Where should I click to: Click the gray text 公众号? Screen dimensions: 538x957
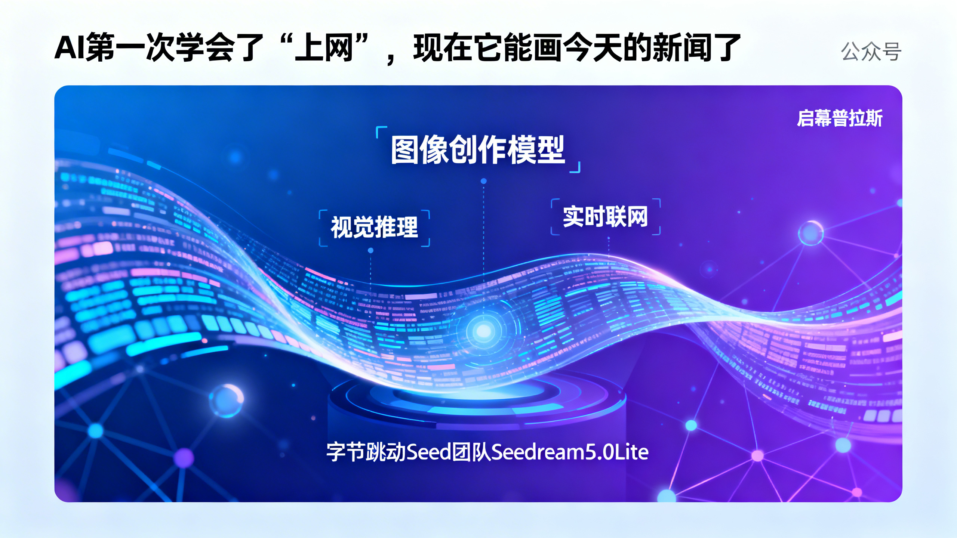871,52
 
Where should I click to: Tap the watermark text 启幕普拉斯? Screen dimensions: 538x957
839,118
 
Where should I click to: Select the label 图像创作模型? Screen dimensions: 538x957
477,149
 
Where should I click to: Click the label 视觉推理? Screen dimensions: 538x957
374,227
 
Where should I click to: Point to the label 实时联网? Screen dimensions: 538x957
605,216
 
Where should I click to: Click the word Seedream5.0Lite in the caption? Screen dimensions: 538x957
569,452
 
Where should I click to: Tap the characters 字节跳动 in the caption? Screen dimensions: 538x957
366,452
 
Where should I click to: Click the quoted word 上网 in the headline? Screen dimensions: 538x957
324,48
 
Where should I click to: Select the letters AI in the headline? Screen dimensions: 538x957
70,48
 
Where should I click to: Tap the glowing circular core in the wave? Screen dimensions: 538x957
483,331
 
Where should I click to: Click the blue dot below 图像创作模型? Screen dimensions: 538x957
483,181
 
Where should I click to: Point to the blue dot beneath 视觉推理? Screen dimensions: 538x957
370,251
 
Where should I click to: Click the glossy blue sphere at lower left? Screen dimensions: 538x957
227,400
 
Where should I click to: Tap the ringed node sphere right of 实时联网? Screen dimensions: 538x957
810,233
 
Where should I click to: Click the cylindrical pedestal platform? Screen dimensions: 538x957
477,411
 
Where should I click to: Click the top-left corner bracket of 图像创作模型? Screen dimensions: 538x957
381,131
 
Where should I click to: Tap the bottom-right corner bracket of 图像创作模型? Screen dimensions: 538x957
576,168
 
